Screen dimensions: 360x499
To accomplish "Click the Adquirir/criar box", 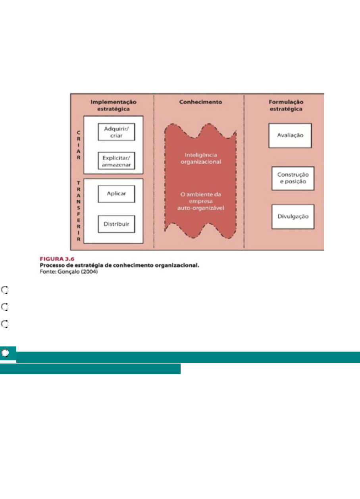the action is [x=116, y=132].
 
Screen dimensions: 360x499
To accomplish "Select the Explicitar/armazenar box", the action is [x=116, y=161].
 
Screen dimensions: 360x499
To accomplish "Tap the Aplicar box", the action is [x=116, y=194].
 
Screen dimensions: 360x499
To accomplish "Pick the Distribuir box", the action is [x=116, y=224].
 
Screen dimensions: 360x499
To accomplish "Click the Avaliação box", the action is [x=290, y=135].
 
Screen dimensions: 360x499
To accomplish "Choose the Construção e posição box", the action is [x=293, y=178].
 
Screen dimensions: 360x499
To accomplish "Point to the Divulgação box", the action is [x=293, y=217].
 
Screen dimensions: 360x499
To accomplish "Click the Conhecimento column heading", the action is [x=201, y=102].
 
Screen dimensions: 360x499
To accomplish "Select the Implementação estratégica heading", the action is [x=114, y=105].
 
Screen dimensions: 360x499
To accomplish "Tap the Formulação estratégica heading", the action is [x=286, y=105].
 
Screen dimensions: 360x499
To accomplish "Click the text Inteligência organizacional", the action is [x=201, y=159].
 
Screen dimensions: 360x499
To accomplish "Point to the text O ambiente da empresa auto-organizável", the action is [x=201, y=201].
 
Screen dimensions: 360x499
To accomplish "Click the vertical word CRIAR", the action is [x=78, y=145].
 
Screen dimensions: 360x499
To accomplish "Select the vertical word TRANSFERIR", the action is [x=78, y=211].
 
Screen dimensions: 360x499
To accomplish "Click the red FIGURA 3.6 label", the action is [x=57, y=259].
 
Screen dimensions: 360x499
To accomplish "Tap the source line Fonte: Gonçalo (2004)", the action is [x=69, y=272].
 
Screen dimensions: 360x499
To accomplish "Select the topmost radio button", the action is [x=5, y=290].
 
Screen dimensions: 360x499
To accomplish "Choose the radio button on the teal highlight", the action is [x=5, y=353].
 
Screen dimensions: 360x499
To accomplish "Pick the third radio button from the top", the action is [x=5, y=324].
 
